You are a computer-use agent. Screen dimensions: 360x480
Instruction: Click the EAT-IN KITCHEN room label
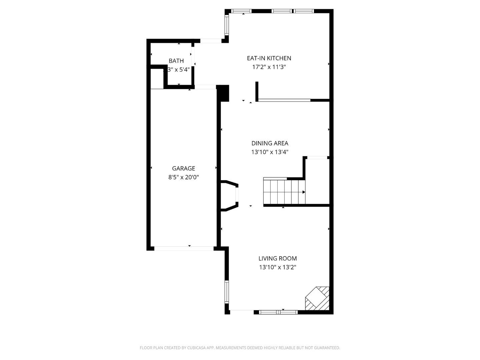(x=269, y=58)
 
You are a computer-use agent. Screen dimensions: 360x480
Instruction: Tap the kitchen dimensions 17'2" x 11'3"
(x=269, y=67)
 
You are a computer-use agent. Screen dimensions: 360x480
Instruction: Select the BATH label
(x=176, y=61)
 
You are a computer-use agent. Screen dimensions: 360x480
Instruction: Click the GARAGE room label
(x=183, y=168)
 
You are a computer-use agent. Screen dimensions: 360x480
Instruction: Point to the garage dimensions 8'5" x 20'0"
(x=183, y=177)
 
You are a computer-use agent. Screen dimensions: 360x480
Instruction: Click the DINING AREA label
(x=270, y=143)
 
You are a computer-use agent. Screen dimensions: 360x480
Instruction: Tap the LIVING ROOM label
(x=277, y=258)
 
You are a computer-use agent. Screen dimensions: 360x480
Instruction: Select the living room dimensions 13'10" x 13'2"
(x=277, y=267)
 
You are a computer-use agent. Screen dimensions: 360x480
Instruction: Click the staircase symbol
(x=284, y=192)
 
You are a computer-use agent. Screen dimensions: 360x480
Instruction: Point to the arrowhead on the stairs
(x=304, y=192)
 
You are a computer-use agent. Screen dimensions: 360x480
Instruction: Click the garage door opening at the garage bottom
(x=184, y=248)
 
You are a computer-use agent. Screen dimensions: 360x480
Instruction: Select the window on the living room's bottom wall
(x=278, y=312)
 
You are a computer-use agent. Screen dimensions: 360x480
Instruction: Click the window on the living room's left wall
(x=227, y=292)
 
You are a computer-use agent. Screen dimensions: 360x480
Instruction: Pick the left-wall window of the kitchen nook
(x=227, y=25)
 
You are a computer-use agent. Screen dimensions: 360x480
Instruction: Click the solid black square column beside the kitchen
(x=223, y=93)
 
